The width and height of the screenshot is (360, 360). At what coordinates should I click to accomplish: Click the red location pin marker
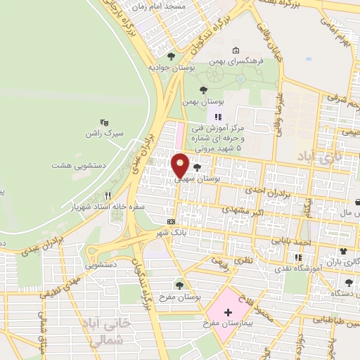180,165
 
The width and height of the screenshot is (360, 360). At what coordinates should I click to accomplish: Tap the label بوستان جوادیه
172,67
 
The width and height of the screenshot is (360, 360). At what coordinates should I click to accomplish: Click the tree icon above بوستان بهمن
203,90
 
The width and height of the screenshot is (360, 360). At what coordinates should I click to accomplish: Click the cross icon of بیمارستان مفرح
229,311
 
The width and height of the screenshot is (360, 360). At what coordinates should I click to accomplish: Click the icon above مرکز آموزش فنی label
218,117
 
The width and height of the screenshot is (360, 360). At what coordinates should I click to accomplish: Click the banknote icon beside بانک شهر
171,221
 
